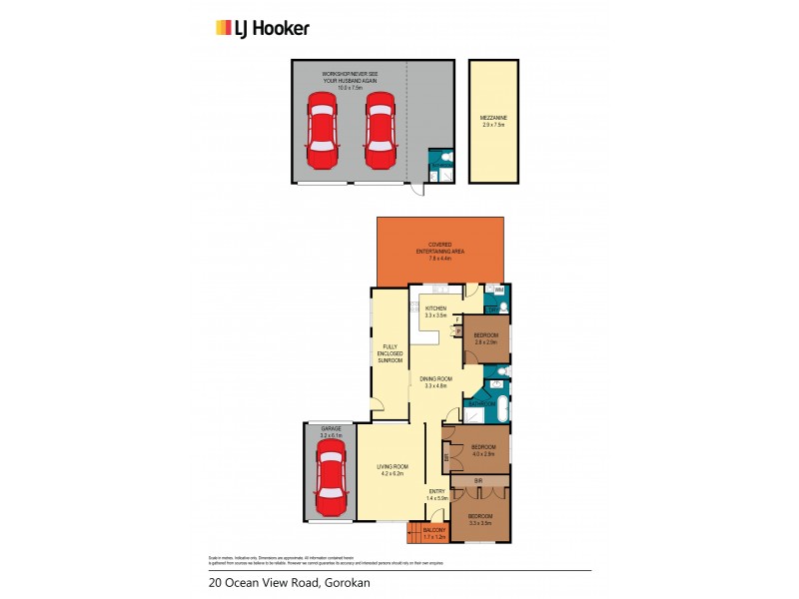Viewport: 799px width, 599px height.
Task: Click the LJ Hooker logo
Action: tap(263, 28)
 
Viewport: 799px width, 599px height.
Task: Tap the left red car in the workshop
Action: tap(322, 131)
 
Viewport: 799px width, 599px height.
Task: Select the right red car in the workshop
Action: tap(379, 131)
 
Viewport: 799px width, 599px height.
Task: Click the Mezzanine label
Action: tap(493, 123)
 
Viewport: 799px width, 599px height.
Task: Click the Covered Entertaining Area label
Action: tap(440, 251)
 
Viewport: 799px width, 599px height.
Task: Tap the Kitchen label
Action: tap(435, 311)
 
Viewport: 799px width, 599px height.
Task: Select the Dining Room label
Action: tap(436, 381)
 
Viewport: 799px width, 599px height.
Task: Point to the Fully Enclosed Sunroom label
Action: tap(390, 353)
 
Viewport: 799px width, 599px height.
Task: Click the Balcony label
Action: tap(434, 534)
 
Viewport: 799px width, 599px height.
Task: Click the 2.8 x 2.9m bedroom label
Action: tap(486, 337)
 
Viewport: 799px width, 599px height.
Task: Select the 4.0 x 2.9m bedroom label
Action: tap(484, 449)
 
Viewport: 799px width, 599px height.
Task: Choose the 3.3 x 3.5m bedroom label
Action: tap(481, 519)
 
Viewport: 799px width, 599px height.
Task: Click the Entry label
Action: tap(436, 494)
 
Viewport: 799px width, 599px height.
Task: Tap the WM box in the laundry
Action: tap(499, 291)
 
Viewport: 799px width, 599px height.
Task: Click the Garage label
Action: tap(331, 430)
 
